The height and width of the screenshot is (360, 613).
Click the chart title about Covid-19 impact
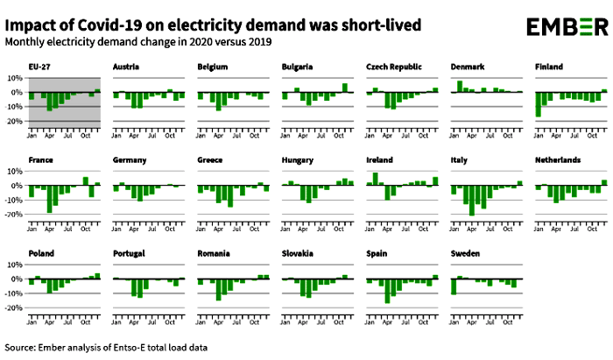(203, 23)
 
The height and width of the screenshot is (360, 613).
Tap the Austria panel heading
(128, 67)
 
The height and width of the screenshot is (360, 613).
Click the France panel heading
(40, 160)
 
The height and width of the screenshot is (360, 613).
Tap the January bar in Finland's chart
(538, 104)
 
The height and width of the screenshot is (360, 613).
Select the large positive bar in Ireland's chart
(375, 179)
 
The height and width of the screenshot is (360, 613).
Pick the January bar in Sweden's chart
(454, 286)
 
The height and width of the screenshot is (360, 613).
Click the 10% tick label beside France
(15, 173)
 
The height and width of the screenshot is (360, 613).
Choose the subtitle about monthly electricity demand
(138, 42)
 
